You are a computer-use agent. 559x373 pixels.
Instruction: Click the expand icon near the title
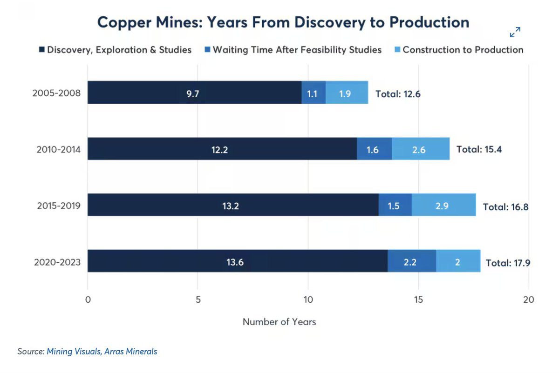tap(515, 32)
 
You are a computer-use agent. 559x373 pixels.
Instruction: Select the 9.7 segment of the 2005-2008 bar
tap(194, 92)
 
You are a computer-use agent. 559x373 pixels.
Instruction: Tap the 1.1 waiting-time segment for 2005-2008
tap(314, 92)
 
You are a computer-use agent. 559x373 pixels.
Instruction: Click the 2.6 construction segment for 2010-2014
tap(421, 148)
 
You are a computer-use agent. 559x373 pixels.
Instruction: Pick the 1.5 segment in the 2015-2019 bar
tap(395, 205)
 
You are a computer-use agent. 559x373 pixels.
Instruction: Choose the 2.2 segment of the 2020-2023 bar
tap(412, 261)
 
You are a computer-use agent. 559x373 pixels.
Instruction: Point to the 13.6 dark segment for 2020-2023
tap(238, 261)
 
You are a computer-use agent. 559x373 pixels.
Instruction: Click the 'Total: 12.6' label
tap(398, 94)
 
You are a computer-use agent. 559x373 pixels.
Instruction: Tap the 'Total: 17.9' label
tap(508, 263)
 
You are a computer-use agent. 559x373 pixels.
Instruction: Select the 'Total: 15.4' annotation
tap(479, 149)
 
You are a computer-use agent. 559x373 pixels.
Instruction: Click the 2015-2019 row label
tap(59, 206)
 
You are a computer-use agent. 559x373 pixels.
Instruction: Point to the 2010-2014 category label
tap(59, 149)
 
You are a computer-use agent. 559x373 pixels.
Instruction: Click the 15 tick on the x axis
tap(418, 300)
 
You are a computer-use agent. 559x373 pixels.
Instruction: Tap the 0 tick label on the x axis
tap(88, 300)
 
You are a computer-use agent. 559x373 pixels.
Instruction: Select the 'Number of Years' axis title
tap(279, 322)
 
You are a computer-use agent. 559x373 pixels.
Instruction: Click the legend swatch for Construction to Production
tap(397, 49)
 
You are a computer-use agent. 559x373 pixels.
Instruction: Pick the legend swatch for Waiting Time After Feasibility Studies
tap(207, 49)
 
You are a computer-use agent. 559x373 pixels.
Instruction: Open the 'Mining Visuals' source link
tap(74, 351)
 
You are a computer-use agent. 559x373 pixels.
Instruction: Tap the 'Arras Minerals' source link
tap(131, 351)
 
